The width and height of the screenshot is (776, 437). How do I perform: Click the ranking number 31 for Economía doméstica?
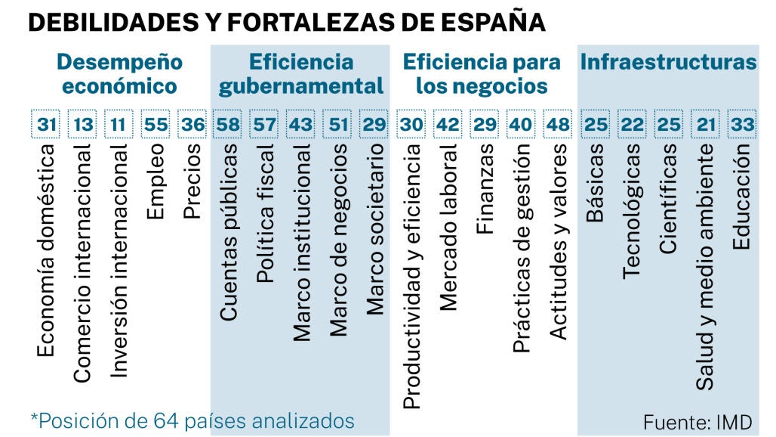tap(47, 124)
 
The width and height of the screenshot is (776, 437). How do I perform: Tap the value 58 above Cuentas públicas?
tap(228, 124)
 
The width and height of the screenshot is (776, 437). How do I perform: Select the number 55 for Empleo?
tap(156, 124)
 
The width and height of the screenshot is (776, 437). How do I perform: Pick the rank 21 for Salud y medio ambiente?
tap(706, 124)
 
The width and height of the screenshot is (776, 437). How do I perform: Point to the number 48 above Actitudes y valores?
tap(559, 124)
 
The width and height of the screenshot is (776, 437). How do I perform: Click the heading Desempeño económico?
tap(119, 73)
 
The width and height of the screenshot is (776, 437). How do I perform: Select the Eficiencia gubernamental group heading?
tap(300, 73)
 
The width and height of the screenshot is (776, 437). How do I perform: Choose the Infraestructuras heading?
tap(668, 62)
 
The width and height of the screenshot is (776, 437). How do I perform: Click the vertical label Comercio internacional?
tap(83, 263)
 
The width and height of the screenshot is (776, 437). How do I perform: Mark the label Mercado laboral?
tap(448, 228)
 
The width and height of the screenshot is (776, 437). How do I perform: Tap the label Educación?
tap(741, 197)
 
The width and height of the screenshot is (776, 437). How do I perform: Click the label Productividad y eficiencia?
tap(412, 277)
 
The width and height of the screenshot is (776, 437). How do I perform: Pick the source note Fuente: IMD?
tap(697, 420)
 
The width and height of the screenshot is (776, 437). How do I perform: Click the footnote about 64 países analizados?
tap(192, 420)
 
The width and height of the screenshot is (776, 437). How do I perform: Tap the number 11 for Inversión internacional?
tap(119, 124)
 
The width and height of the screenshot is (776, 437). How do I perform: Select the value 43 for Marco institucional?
tap(300, 124)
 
